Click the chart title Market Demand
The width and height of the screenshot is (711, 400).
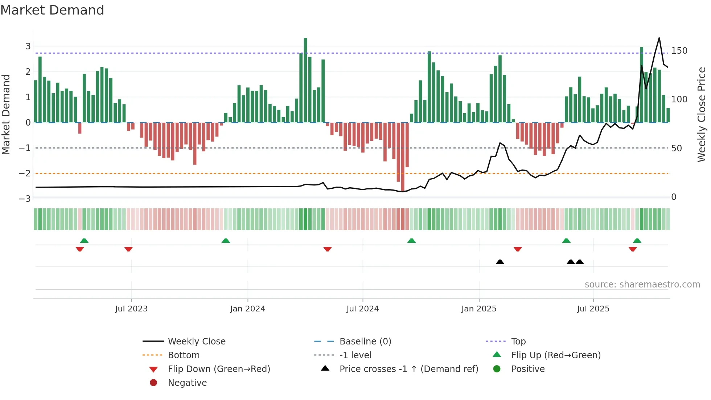click(x=52, y=10)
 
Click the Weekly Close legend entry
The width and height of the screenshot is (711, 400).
click(x=196, y=341)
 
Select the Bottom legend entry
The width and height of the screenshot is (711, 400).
click(x=184, y=355)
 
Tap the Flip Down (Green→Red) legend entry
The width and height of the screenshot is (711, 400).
click(x=219, y=369)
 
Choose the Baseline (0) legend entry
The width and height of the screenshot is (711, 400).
click(x=365, y=341)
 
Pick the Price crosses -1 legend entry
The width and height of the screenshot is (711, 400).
click(x=408, y=369)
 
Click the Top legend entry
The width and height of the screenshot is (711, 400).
click(x=518, y=341)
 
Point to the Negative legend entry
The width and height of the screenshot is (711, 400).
click(x=187, y=383)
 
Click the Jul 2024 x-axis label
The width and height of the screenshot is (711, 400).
click(x=362, y=309)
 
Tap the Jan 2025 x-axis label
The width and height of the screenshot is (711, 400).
click(x=479, y=309)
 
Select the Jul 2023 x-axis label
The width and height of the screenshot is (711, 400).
click(x=131, y=309)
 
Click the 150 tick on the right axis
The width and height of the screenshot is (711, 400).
click(x=679, y=51)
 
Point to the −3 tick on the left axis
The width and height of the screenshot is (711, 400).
click(x=25, y=199)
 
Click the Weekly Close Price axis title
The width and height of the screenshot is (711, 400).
click(x=702, y=114)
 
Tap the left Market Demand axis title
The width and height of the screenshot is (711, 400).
click(x=6, y=114)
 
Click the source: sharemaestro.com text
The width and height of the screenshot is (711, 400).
click(x=642, y=285)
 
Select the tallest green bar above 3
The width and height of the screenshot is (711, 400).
click(x=305, y=80)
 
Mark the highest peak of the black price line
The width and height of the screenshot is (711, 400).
click(x=659, y=38)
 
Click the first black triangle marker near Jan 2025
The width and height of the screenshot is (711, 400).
click(x=500, y=262)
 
